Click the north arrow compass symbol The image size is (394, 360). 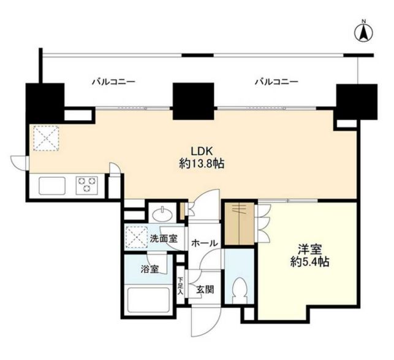pos(362,32)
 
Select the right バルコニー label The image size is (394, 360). pos(276,81)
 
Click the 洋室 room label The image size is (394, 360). pos(306,250)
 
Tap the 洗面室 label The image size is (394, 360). pos(164,239)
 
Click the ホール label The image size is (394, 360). pos(203,243)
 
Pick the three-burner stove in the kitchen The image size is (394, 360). pos(87,185)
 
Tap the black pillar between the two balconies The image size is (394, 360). pos(192,101)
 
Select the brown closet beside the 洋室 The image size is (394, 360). pos(239,224)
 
